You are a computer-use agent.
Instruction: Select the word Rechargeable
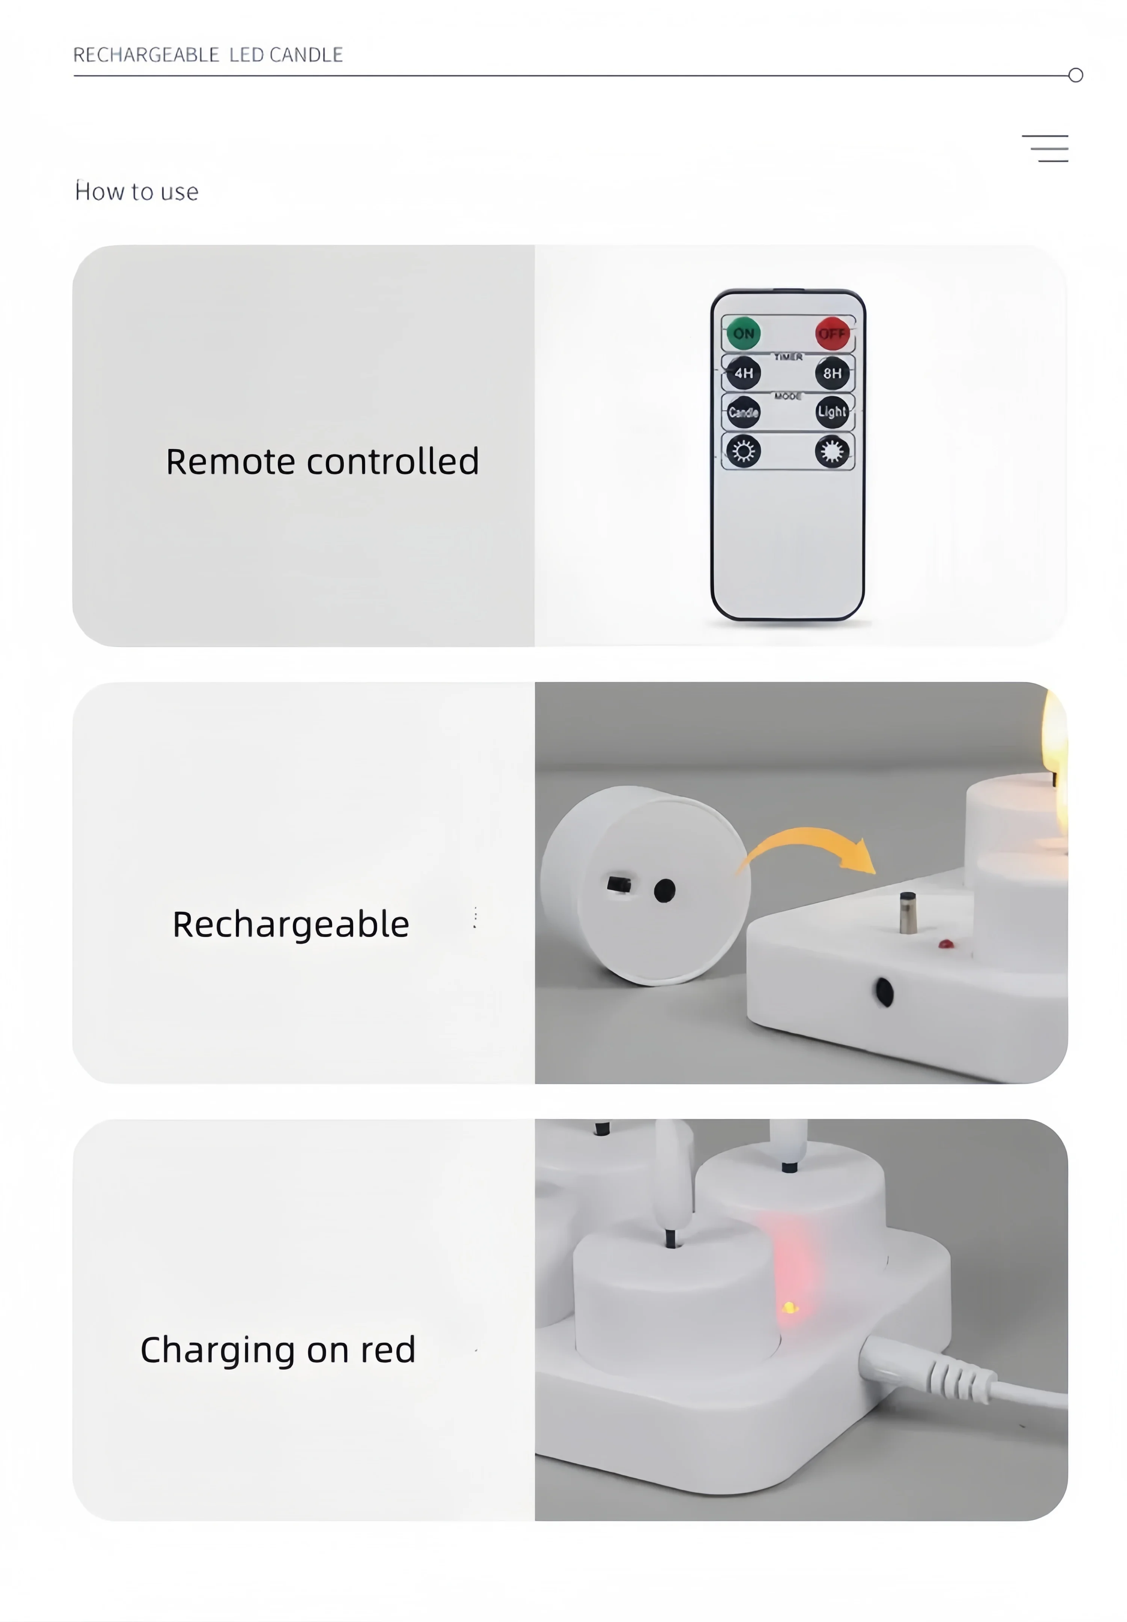click(290, 925)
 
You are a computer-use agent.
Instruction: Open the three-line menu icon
click(1045, 148)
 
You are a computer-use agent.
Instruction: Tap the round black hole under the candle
click(665, 891)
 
